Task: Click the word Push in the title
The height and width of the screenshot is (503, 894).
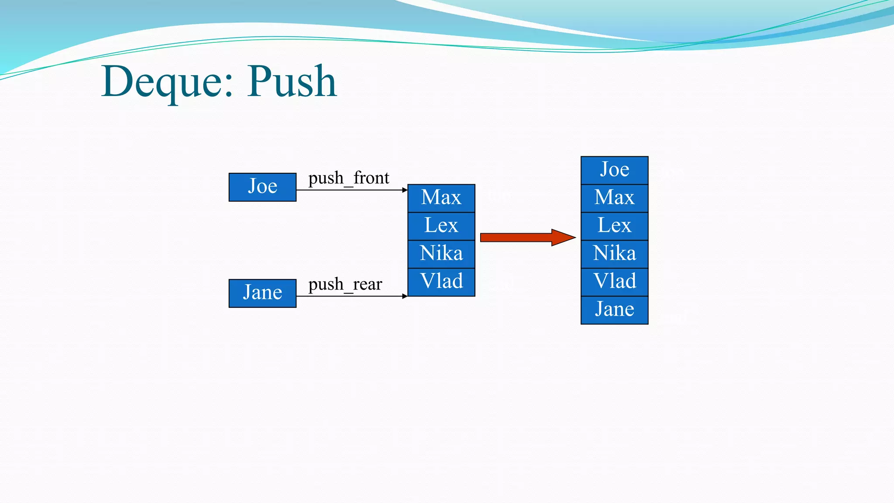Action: (292, 82)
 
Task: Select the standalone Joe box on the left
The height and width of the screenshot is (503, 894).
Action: (262, 187)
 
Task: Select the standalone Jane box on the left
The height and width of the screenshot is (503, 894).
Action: (262, 293)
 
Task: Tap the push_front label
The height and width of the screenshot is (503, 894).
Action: (348, 178)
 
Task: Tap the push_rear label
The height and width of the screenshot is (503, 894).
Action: (345, 284)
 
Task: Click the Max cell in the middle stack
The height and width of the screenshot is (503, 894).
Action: (441, 198)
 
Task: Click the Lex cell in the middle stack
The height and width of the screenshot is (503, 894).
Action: (441, 226)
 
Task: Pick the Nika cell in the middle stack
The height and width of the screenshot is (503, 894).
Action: (441, 254)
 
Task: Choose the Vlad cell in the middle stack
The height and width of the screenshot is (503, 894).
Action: (441, 282)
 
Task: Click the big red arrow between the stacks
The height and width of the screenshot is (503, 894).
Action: (524, 238)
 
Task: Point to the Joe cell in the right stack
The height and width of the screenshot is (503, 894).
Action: (614, 170)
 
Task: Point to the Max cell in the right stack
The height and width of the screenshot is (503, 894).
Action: (614, 198)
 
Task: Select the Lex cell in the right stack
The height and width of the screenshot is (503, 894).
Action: (614, 226)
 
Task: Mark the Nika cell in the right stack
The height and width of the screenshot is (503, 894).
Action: (614, 254)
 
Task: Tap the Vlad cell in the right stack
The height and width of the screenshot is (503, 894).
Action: (614, 282)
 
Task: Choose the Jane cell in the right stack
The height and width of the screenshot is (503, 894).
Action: (614, 310)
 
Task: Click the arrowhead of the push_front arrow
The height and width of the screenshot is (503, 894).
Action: (405, 190)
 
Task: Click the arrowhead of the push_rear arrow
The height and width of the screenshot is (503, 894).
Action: (405, 296)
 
